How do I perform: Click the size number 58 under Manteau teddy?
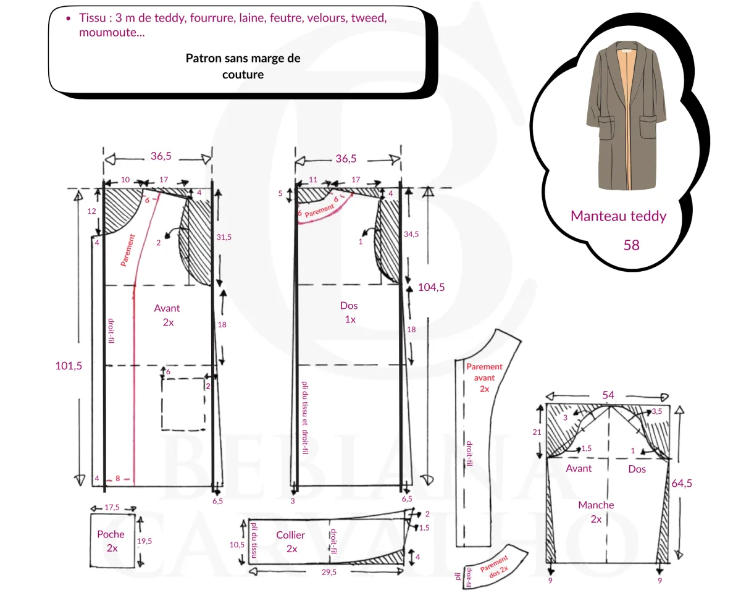[631, 245]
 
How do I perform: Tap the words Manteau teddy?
[618, 216]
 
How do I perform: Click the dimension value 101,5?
[69, 365]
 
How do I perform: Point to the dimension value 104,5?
[430, 287]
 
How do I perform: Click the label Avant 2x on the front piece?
[167, 314]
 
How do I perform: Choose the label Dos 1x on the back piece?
[349, 312]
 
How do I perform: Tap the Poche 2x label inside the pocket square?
[111, 540]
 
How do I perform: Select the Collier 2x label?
[290, 541]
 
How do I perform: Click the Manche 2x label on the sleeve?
[596, 511]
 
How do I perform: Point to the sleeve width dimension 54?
[608, 395]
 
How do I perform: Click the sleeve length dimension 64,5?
[681, 483]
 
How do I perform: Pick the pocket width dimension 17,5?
[112, 507]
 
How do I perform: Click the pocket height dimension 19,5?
[144, 540]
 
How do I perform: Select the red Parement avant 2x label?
[484, 377]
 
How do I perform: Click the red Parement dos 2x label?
[495, 563]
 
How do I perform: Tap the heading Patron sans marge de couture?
[243, 66]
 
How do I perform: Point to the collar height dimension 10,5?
[238, 545]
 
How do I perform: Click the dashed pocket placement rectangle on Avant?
[183, 404]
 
